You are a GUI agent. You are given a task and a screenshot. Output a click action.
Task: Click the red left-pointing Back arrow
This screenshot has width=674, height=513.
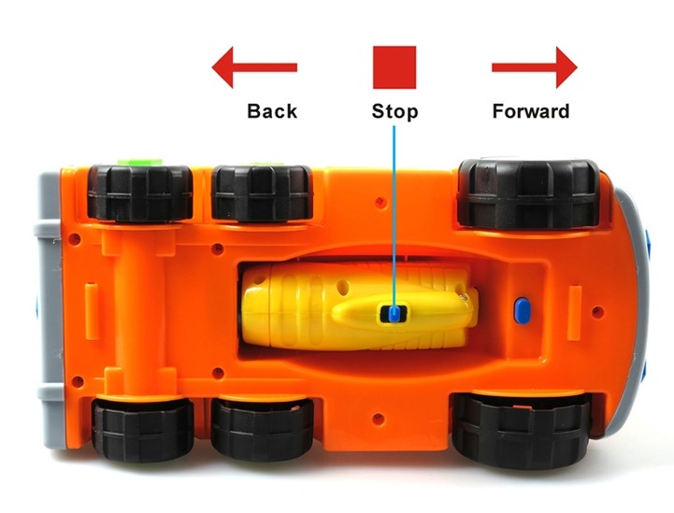point(253,68)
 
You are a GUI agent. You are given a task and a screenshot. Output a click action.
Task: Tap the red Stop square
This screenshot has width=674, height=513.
point(394,67)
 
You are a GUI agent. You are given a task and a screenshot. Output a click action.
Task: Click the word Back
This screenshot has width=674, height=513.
point(272,111)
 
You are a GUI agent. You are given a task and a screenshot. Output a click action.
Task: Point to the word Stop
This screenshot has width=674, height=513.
point(394,112)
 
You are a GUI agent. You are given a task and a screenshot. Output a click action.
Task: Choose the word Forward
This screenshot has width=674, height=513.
point(530,111)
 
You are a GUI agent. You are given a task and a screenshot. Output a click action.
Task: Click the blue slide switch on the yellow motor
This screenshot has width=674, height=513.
point(394,314)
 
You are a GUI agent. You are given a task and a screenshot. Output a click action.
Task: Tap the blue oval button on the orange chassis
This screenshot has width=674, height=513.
point(521,308)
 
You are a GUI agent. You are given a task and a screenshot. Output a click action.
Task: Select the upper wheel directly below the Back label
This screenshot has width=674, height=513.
point(262,192)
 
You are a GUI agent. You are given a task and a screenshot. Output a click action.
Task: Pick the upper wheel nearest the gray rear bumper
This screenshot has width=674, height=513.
point(139,192)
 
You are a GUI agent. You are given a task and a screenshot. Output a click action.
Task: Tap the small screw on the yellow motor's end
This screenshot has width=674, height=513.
point(465,297)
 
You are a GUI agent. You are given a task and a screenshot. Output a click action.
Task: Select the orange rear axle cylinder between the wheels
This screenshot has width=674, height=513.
point(140,308)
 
